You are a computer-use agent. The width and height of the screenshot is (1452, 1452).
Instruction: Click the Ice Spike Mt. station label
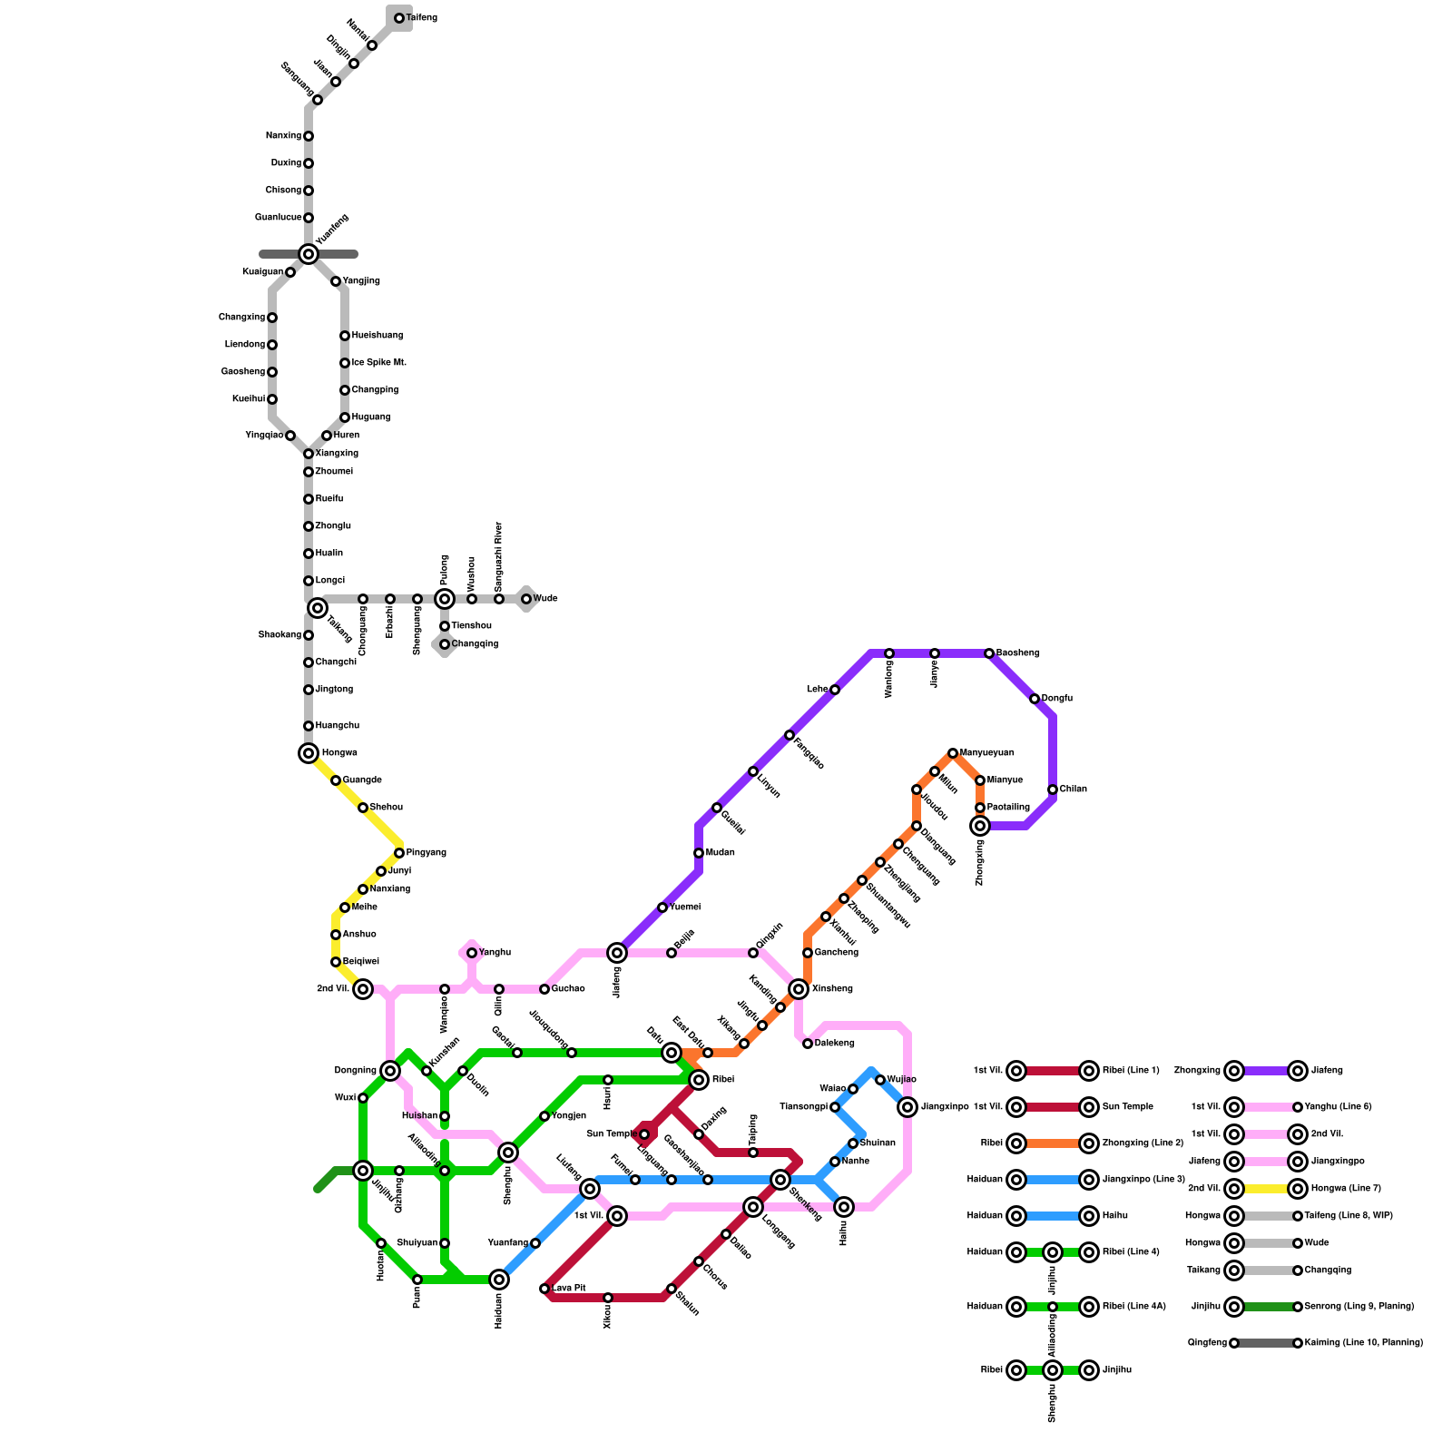point(378,363)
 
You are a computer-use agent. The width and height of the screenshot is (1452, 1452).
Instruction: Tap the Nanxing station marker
point(309,136)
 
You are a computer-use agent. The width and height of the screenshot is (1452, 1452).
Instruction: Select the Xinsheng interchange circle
point(799,989)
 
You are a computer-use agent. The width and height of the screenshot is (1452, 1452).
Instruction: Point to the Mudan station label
point(720,853)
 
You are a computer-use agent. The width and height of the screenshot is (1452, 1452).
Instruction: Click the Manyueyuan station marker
point(953,753)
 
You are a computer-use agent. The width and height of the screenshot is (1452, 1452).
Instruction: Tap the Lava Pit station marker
point(544,1289)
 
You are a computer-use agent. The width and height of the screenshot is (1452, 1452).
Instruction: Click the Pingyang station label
point(426,853)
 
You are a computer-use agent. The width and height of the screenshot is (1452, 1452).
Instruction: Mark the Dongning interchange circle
point(390,1071)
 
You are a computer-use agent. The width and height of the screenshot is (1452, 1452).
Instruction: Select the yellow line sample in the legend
point(1266,1189)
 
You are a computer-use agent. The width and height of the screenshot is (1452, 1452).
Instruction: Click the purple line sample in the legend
point(1266,1071)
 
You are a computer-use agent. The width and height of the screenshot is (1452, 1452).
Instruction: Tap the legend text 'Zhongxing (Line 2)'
point(1143,1143)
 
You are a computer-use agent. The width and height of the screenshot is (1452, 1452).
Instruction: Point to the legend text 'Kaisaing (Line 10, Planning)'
point(1363,1343)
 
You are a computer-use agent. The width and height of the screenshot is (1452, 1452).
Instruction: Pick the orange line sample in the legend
point(1053,1143)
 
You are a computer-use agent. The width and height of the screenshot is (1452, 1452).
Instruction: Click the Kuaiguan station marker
point(290,272)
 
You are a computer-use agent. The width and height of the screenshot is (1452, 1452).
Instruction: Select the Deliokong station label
point(834,1044)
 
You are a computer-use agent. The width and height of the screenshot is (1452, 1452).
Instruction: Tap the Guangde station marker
point(336,780)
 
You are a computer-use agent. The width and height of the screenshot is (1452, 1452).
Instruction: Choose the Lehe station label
point(817,690)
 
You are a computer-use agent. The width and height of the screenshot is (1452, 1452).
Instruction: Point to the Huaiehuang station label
point(378,336)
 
